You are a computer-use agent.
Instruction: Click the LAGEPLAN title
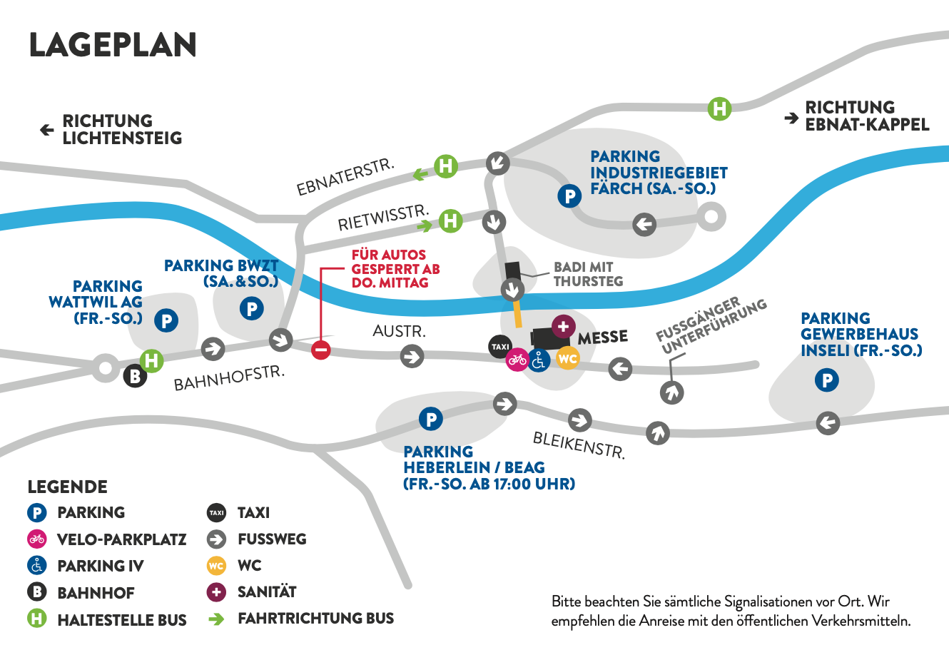tap(113, 44)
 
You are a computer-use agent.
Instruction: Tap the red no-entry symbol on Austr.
tap(320, 350)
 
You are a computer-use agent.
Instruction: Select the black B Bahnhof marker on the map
tap(135, 376)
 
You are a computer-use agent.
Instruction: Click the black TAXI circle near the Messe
tap(500, 347)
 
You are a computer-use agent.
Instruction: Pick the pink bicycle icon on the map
tap(517, 360)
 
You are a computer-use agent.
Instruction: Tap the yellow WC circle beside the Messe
tap(568, 358)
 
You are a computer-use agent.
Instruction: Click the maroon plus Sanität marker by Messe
tap(564, 326)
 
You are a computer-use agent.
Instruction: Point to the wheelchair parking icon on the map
tap(539, 360)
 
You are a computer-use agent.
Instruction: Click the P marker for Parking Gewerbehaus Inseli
tap(826, 380)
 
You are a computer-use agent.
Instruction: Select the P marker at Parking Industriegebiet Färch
tap(569, 196)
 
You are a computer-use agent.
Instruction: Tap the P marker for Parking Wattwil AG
tap(166, 320)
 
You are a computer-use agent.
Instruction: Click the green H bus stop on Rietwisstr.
tap(450, 220)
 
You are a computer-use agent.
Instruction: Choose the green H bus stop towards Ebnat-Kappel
tap(719, 109)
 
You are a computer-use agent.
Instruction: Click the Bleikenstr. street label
tap(579, 445)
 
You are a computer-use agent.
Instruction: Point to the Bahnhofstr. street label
tap(229, 378)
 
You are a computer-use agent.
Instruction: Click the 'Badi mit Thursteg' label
tap(589, 274)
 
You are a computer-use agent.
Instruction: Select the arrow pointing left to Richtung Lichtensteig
tap(47, 130)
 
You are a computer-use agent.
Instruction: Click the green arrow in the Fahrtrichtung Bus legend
tap(216, 619)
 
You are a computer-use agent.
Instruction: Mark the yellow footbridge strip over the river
tap(517, 313)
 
